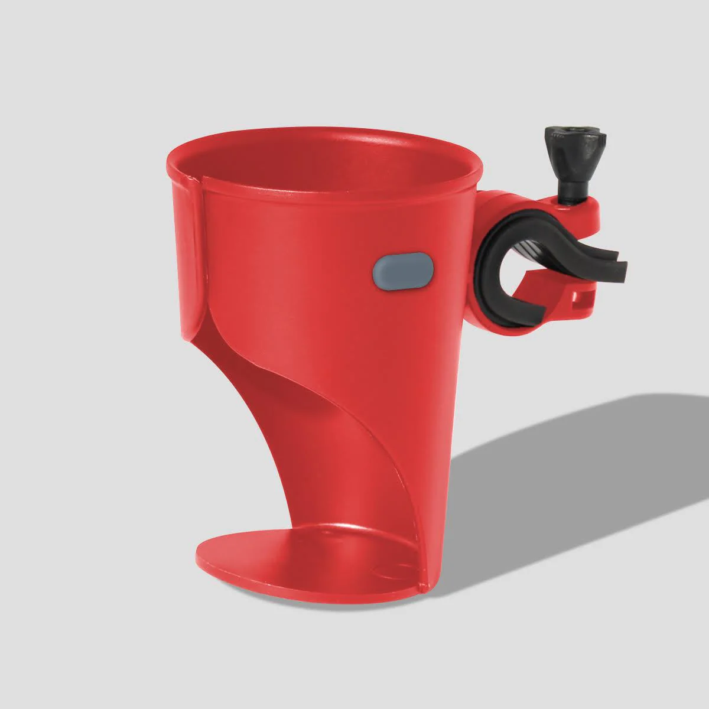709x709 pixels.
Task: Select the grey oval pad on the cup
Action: pyautogui.click(x=403, y=272)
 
